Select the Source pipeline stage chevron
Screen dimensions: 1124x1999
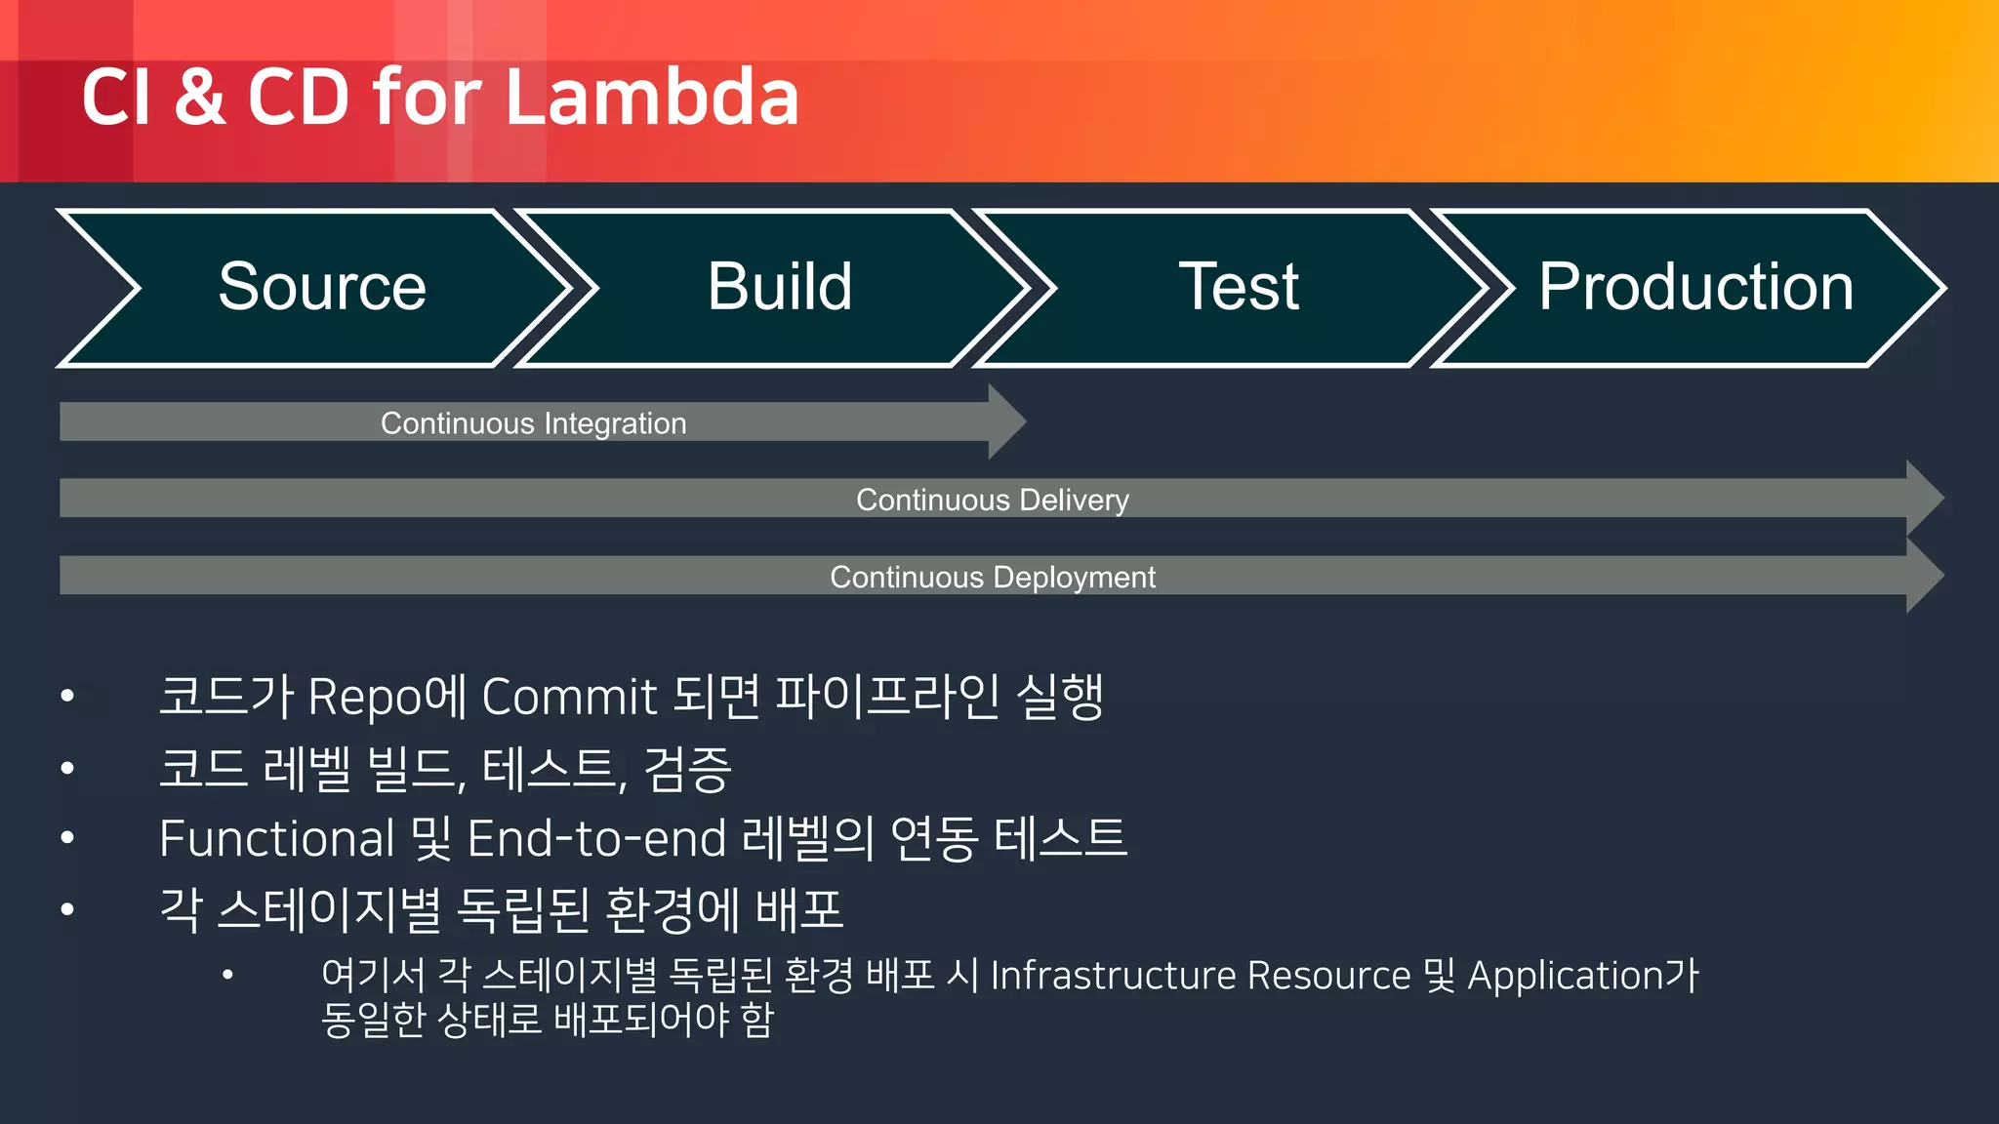(322, 288)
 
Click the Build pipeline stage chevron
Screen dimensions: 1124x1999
(780, 288)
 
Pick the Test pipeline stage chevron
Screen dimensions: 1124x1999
(1239, 288)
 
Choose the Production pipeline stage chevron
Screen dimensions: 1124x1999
(1695, 288)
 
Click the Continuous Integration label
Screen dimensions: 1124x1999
(533, 423)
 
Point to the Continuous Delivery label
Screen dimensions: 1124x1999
(992, 500)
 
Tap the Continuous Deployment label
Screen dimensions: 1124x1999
(992, 577)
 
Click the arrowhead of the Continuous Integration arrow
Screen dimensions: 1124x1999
(1005, 421)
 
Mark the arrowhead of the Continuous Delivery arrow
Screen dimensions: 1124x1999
(1924, 498)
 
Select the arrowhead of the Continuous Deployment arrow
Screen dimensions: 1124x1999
(1924, 576)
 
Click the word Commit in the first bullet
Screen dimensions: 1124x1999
(569, 698)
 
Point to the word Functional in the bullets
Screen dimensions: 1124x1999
(276, 839)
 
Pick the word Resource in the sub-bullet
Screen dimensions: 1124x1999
(1328, 976)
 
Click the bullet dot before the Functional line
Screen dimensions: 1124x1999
(67, 838)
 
